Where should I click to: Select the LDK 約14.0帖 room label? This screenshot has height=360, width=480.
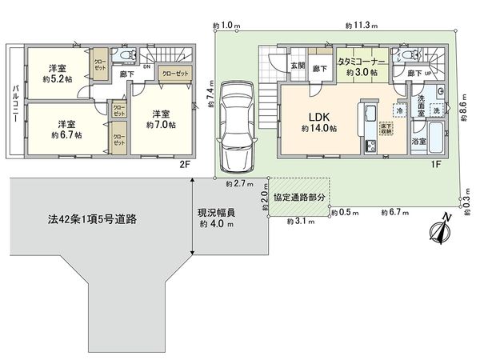318,121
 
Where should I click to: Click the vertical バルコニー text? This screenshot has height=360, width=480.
14,104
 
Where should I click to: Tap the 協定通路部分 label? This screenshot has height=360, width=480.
299,197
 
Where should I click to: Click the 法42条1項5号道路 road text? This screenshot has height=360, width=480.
87,218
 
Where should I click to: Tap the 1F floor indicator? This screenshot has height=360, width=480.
438,166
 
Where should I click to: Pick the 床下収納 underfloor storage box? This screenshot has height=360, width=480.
386,127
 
